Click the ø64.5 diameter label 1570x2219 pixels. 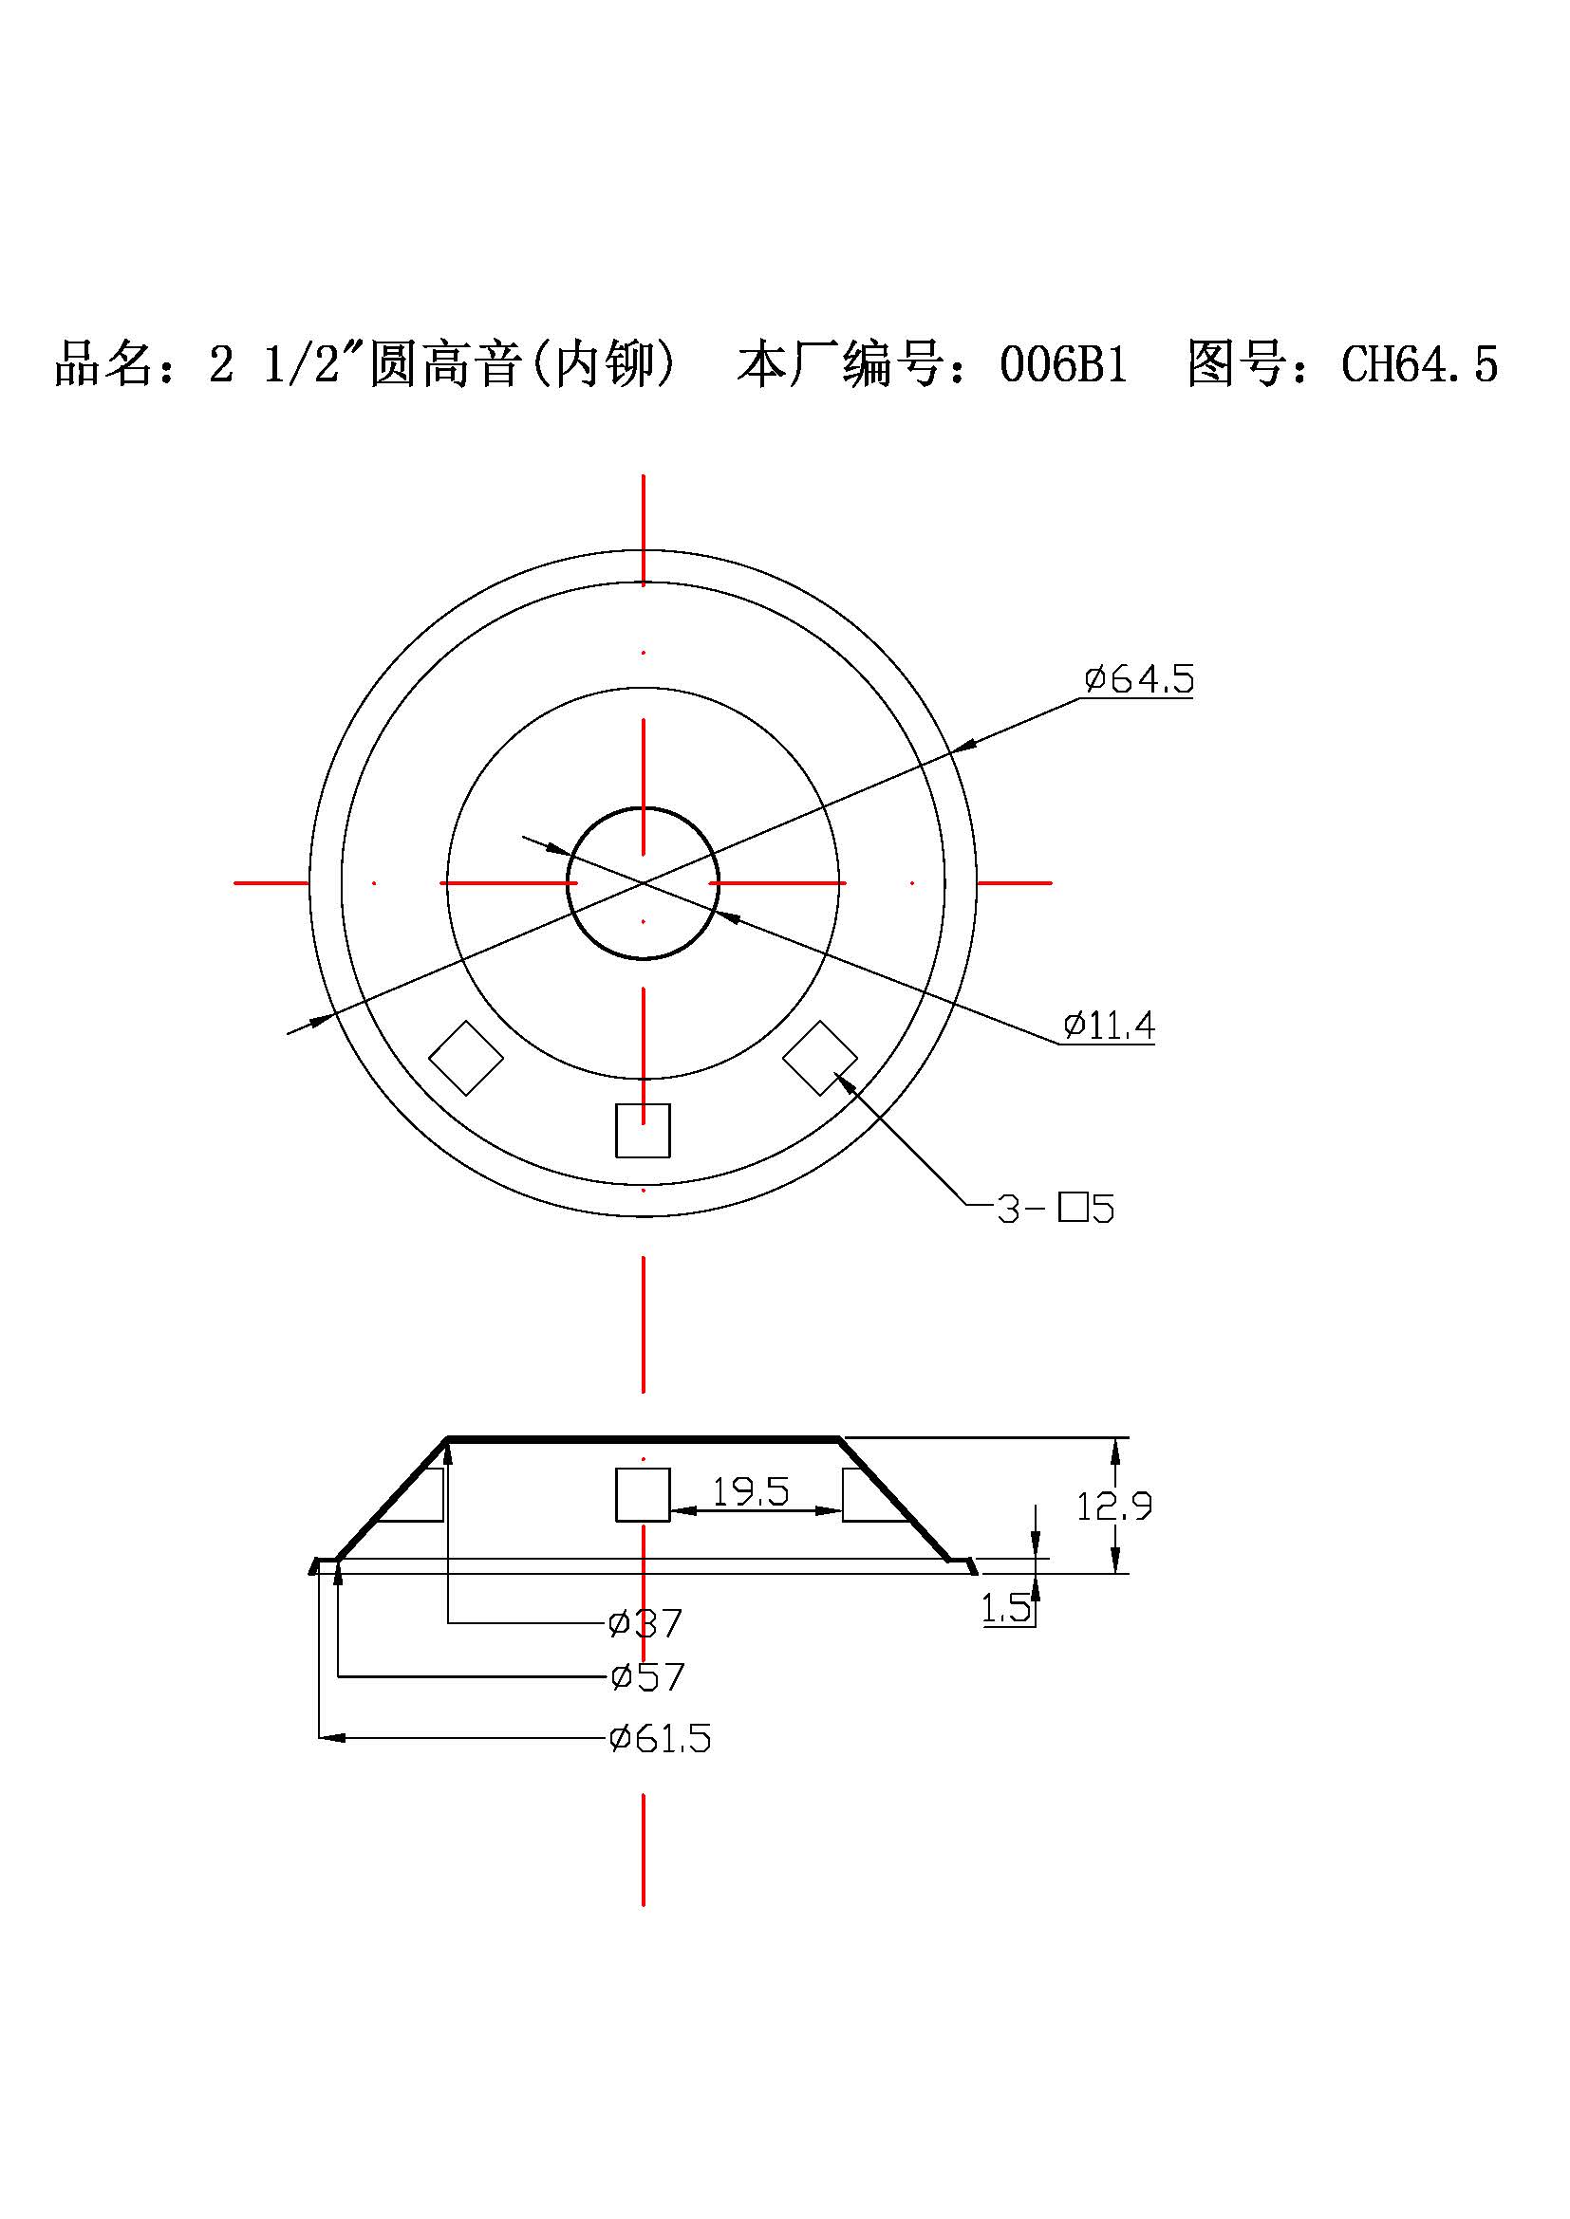click(1139, 678)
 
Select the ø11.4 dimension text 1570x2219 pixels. click(1109, 1026)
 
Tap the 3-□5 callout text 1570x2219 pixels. click(1055, 1209)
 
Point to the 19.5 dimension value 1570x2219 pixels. click(750, 1492)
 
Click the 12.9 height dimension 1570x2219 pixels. click(1113, 1506)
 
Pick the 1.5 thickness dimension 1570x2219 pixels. click(1006, 1608)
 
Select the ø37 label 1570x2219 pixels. click(645, 1622)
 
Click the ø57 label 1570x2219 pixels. click(646, 1676)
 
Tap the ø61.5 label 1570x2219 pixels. click(660, 1739)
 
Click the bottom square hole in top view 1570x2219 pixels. click(643, 1131)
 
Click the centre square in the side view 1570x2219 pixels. click(643, 1494)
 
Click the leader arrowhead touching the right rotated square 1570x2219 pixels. click(843, 1082)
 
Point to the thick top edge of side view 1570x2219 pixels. click(643, 1439)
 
